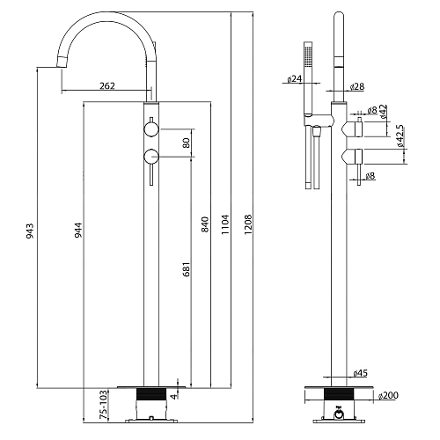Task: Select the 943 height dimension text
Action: click(31, 231)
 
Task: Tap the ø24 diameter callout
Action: click(294, 79)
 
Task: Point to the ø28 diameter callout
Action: click(356, 86)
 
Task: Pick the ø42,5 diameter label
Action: click(400, 142)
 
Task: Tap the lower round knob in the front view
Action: click(150, 158)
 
